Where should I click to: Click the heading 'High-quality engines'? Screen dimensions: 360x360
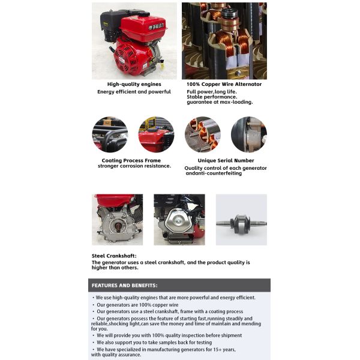pos(134,84)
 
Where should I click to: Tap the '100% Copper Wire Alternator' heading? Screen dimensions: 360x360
pos(224,84)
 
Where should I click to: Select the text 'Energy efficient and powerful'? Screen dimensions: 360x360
pos(134,92)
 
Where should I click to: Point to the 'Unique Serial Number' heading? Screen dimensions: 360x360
pos(226,160)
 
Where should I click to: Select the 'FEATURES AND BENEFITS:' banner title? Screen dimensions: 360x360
pos(124,286)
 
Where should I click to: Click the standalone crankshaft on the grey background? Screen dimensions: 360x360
pos(241,220)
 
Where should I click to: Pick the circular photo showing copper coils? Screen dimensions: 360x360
pos(202,134)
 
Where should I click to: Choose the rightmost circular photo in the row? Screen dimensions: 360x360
pos(248,134)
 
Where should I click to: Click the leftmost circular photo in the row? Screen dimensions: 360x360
pos(110,134)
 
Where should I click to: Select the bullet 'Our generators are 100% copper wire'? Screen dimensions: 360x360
pos(139,304)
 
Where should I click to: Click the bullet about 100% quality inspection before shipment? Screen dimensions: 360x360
pos(167,335)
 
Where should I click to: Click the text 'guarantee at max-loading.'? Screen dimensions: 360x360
pos(219,102)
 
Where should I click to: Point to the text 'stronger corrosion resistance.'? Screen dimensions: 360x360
pos(134,166)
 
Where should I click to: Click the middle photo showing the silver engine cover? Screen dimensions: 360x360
pos(179,220)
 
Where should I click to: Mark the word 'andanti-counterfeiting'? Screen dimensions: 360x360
pos(213,173)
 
